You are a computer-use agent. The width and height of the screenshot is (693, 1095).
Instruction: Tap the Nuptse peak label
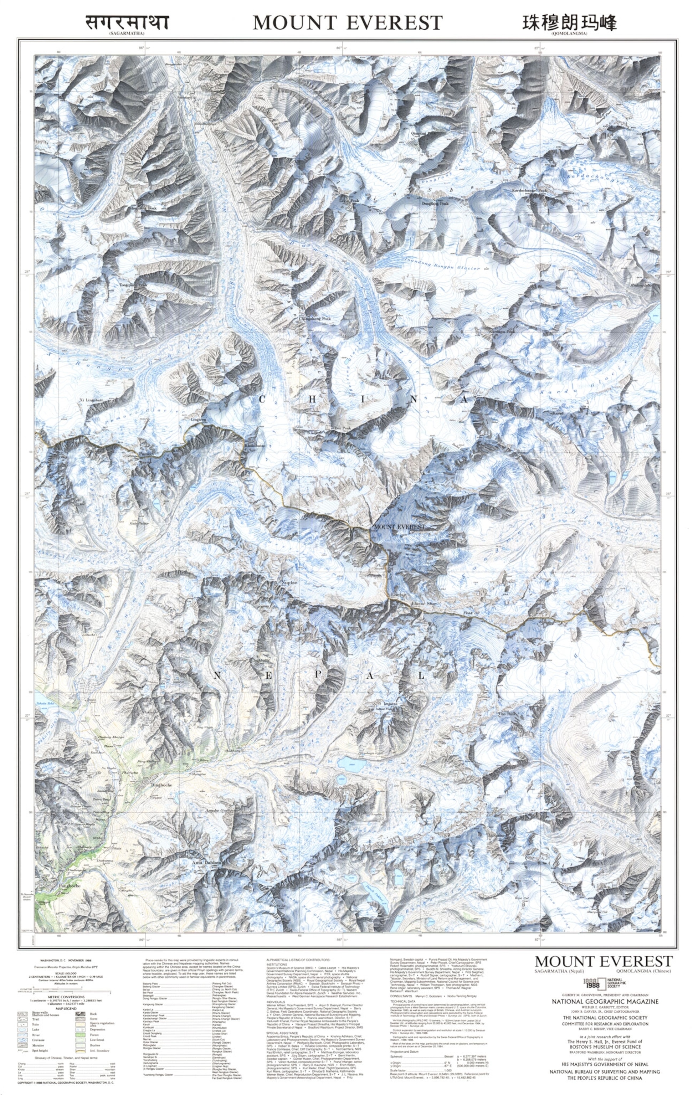290,582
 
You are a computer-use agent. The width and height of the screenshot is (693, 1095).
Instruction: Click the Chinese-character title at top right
569,23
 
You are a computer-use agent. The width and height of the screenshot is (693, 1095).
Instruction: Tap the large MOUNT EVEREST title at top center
348,23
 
